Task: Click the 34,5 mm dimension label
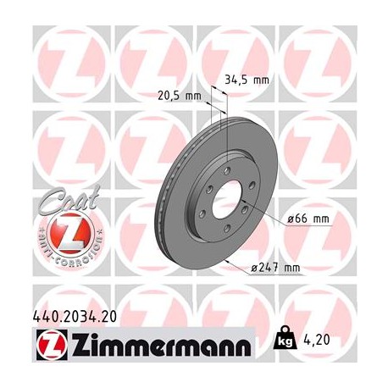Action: pos(246,80)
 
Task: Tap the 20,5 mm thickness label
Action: pos(179,95)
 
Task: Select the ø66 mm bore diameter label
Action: pos(308,219)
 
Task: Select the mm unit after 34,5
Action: pos(260,80)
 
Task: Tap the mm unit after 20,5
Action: pos(192,95)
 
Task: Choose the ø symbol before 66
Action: pos(289,219)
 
